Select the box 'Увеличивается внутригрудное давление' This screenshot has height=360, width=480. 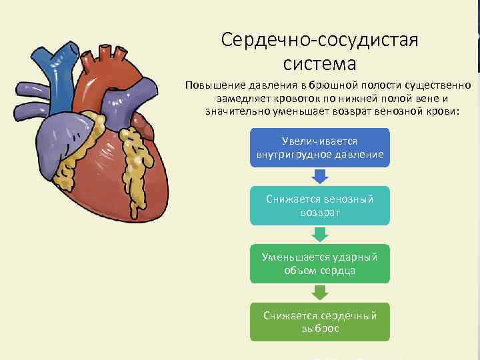tap(320, 148)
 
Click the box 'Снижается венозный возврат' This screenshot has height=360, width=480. tap(320, 205)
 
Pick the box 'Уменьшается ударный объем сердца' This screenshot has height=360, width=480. tap(320, 263)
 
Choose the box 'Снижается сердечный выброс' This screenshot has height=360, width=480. tap(320, 322)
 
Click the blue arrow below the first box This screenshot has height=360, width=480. tap(320, 176)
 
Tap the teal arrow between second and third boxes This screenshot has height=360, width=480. tap(320, 233)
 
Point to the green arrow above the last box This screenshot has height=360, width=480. tap(320, 292)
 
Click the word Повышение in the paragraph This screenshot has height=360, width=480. tap(215, 86)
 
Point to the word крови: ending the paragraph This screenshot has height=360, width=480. tap(442, 110)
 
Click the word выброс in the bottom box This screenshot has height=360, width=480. tap(320, 329)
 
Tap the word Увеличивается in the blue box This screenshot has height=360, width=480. tap(320, 142)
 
